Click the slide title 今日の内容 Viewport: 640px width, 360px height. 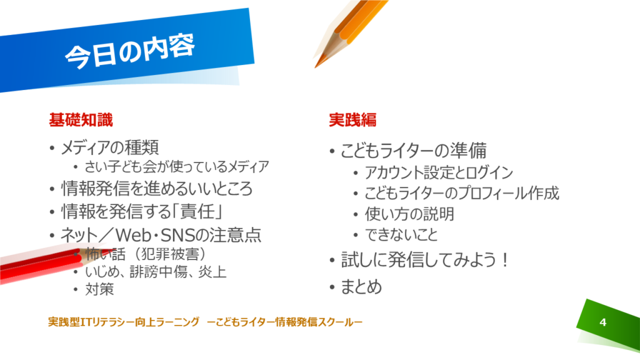pyautogui.click(x=130, y=52)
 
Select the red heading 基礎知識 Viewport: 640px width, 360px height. pyautogui.click(x=81, y=119)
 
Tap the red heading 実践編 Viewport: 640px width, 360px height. pyautogui.click(x=352, y=119)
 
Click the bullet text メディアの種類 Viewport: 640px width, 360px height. pyautogui.click(x=109, y=147)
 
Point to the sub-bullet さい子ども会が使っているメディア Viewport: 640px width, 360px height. pyautogui.click(x=177, y=166)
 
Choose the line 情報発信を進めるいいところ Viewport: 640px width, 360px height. pyautogui.click(x=157, y=189)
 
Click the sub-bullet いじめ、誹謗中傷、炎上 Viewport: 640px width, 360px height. pyautogui.click(x=156, y=272)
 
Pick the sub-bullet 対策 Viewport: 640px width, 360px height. pyautogui.click(x=99, y=289)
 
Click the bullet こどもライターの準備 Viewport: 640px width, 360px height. pyautogui.click(x=414, y=151)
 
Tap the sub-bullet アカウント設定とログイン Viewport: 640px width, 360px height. pyautogui.click(x=439, y=172)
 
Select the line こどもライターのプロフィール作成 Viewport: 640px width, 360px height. pyautogui.click(x=462, y=193)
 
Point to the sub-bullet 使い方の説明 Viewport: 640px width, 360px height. pyautogui.click(x=409, y=214)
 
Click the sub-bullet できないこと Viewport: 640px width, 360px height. pyautogui.click(x=401, y=235)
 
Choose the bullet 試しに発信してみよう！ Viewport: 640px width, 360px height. pyautogui.click(x=425, y=260)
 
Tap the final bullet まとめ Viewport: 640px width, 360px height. pyautogui.click(x=361, y=286)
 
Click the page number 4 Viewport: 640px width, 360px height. pyautogui.click(x=603, y=322)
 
